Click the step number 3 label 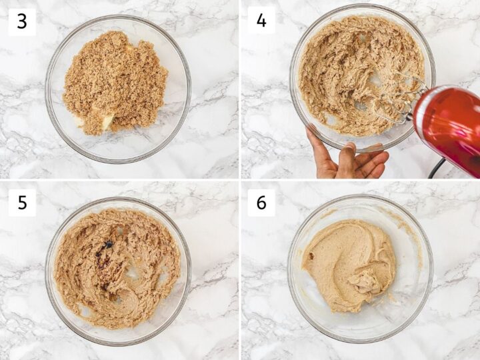click(x=22, y=22)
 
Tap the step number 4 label click(x=261, y=20)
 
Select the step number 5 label click(x=22, y=203)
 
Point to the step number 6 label click(x=261, y=203)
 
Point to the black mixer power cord click(x=436, y=169)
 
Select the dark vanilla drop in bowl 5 click(x=107, y=244)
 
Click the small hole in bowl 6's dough click(x=312, y=256)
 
